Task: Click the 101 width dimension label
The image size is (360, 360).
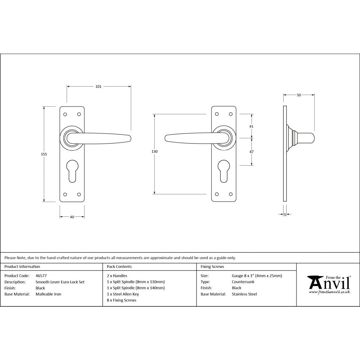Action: [98, 86]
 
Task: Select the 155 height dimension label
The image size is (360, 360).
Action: [44, 154]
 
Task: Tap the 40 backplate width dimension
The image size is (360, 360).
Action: [72, 217]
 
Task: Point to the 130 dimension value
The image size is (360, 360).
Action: [154, 152]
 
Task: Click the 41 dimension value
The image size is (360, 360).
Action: [251, 126]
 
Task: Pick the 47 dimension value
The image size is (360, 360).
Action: [251, 152]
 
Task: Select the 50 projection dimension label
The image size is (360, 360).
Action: [299, 95]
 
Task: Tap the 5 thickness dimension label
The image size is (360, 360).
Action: [285, 215]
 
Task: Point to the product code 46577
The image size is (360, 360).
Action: [41, 276]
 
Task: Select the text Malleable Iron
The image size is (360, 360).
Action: [48, 294]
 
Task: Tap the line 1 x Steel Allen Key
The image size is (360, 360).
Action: [123, 294]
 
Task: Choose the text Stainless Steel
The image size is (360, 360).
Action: [244, 294]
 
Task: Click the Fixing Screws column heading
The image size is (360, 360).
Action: [212, 267]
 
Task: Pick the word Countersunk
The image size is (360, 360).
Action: [243, 282]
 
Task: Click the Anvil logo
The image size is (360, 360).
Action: [328, 284]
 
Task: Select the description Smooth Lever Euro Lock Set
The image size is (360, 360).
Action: [60, 282]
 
